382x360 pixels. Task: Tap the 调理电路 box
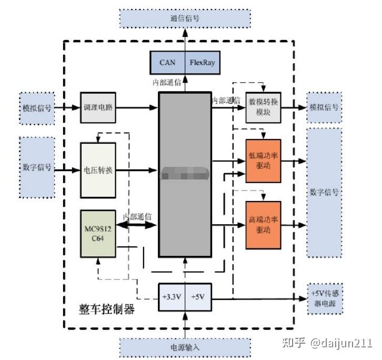pos(98,107)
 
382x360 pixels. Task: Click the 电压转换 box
pos(98,171)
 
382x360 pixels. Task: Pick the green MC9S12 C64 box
pos(97,234)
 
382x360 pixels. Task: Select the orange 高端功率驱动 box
pos(263,225)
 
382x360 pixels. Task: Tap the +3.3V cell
pos(171,297)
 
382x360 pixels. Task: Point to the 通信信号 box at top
pos(185,18)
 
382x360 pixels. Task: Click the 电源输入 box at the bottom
pos(185,347)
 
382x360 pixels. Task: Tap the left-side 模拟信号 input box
pos(37,107)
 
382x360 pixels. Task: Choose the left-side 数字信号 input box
pos(37,167)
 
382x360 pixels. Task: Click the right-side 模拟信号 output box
pos(324,107)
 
